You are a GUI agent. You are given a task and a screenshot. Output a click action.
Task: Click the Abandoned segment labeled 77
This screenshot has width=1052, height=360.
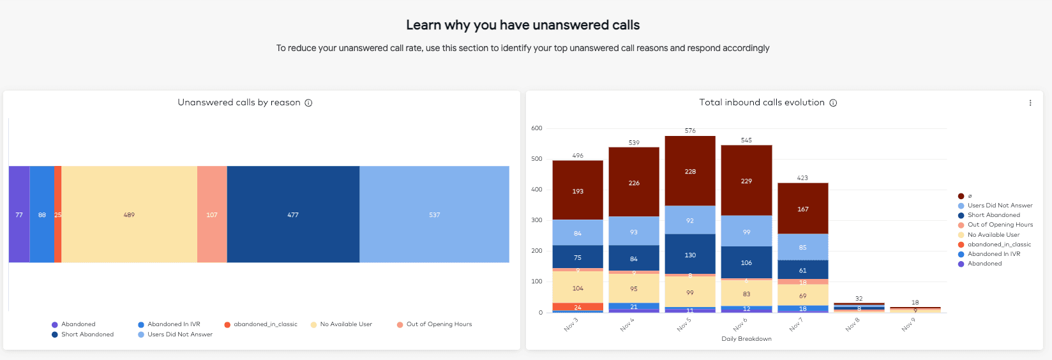click(x=19, y=214)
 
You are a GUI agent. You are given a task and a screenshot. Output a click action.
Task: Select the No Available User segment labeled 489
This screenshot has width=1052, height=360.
click(x=129, y=214)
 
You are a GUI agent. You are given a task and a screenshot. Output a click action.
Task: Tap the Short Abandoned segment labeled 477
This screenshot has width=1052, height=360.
click(x=293, y=214)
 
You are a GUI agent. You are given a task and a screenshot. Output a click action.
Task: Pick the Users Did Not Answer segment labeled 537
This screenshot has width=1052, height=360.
click(x=434, y=214)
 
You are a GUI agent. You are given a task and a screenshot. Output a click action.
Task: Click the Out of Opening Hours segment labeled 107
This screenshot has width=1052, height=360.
click(x=212, y=214)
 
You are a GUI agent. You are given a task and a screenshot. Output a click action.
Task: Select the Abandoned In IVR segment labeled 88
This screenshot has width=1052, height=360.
click(x=42, y=214)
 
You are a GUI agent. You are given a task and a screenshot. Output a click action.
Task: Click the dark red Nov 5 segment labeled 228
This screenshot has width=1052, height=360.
click(x=690, y=171)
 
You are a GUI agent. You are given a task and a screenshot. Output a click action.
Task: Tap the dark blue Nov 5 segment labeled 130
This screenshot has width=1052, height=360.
click(x=690, y=255)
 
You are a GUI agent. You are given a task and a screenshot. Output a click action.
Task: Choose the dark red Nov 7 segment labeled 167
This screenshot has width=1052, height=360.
click(x=802, y=209)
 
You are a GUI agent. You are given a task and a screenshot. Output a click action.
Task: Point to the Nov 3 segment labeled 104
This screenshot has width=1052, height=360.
click(x=578, y=288)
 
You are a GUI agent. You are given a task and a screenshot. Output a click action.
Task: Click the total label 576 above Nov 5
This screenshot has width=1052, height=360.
click(x=690, y=131)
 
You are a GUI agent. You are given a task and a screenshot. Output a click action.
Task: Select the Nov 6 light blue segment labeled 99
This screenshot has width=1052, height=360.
click(x=746, y=232)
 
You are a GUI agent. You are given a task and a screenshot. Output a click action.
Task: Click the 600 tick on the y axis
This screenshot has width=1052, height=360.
click(x=536, y=128)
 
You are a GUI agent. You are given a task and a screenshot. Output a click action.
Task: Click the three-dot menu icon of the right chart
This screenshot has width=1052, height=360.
click(x=1030, y=103)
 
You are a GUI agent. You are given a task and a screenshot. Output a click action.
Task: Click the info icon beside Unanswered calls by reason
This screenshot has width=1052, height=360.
click(x=308, y=103)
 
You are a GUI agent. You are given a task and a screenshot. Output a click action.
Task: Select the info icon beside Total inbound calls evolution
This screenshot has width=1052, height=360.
click(x=833, y=103)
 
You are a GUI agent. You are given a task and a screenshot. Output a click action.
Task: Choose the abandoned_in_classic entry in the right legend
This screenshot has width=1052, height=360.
click(x=998, y=244)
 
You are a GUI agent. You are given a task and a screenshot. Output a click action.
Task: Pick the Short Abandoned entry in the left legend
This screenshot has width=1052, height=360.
click(x=87, y=334)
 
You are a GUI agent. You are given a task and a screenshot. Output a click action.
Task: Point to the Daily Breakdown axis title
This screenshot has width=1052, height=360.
click(x=746, y=339)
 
